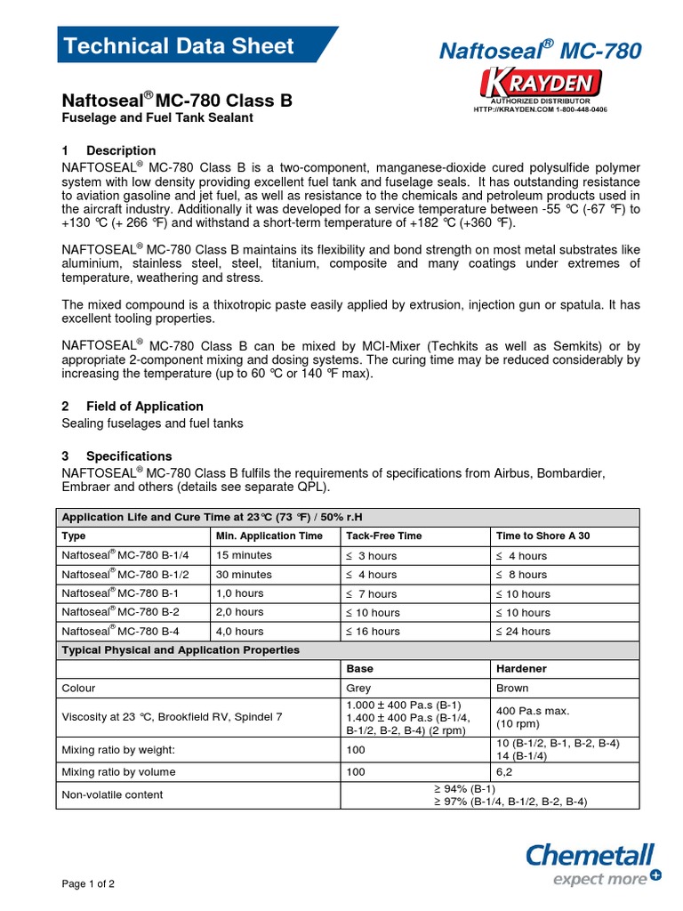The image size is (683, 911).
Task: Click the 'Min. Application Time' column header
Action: [269, 536]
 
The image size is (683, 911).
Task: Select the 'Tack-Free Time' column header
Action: [383, 536]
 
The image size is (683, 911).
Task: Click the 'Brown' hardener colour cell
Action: [511, 688]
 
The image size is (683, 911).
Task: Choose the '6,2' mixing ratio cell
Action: [504, 771]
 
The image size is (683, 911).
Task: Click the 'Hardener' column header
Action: [520, 667]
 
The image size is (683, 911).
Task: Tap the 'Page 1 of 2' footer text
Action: [88, 884]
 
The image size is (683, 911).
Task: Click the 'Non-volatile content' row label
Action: [112, 794]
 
